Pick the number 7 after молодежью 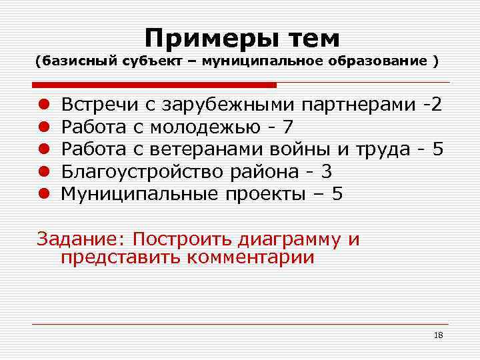click(x=287, y=127)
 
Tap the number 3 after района click(x=326, y=171)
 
